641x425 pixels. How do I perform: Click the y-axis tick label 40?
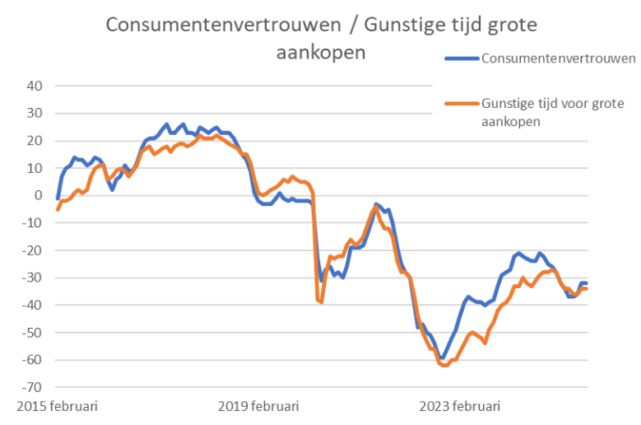(35, 86)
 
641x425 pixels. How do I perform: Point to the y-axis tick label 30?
(35, 113)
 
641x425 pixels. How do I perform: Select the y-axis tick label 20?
(35, 141)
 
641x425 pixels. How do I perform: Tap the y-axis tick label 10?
(35, 168)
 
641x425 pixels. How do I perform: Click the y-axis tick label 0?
(38, 195)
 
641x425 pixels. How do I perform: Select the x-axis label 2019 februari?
(258, 406)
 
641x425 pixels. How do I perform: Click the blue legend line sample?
(462, 58)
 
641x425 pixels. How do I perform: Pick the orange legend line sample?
(462, 104)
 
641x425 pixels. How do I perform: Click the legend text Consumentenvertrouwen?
(558, 58)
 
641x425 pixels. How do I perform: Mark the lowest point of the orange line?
(445, 365)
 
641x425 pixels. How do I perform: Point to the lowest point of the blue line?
(442, 358)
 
